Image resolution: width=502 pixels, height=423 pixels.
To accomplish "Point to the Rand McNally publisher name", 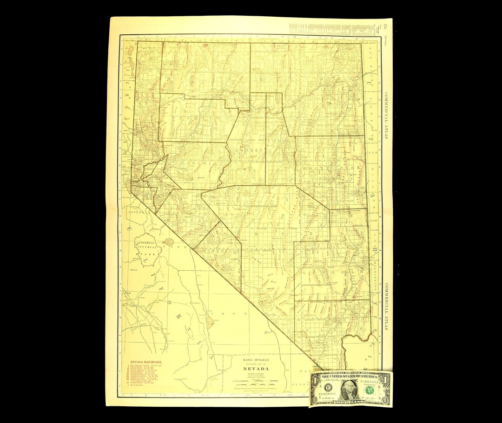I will pos(256,360).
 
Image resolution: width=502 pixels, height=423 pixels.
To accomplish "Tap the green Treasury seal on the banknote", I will pos(369,389).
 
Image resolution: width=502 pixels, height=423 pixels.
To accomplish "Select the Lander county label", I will pos(251,151).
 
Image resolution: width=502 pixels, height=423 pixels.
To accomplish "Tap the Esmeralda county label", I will pos(218,251).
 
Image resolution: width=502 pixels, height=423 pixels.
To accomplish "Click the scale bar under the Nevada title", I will pos(256,384).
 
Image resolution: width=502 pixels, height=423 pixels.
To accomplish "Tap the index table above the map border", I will pos(332,29).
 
